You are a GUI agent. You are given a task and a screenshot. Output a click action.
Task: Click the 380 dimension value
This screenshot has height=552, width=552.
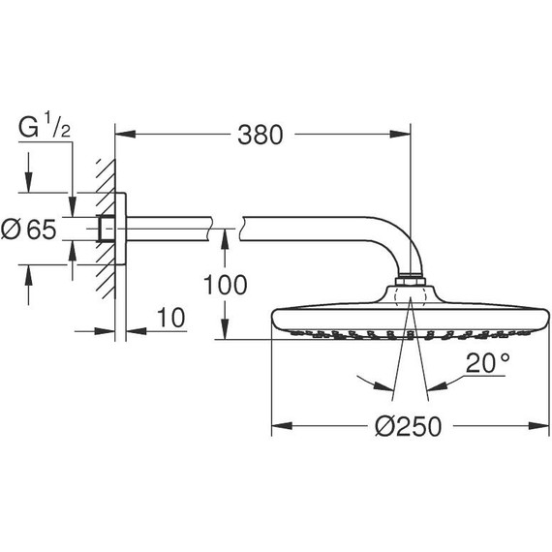[261, 135]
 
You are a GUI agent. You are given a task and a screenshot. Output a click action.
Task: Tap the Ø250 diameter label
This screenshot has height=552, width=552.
[408, 426]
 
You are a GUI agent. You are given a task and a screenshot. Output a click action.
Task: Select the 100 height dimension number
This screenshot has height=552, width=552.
[226, 285]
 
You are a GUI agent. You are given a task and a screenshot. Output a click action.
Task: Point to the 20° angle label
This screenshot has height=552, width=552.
[488, 363]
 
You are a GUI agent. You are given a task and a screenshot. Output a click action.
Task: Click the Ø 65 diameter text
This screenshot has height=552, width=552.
[28, 230]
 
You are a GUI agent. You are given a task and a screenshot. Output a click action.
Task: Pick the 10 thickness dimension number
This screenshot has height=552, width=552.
[170, 318]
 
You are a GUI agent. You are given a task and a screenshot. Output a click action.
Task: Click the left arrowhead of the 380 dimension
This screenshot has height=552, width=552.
[126, 135]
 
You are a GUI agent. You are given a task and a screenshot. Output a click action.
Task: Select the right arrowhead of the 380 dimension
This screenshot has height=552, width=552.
[400, 135]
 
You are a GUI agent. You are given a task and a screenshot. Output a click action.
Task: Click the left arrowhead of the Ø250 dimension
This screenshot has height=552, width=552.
[282, 426]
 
